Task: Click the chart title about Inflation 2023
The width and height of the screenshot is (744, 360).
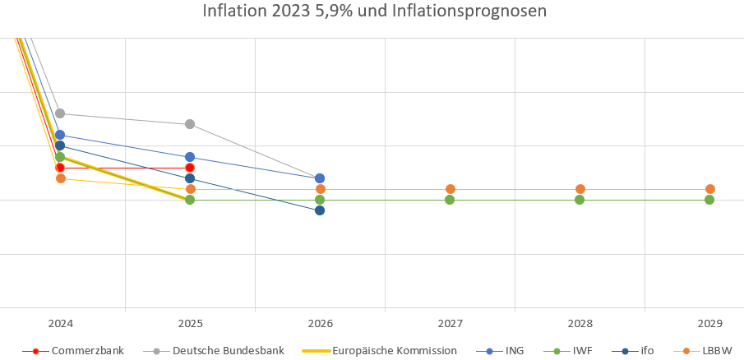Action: click(x=374, y=12)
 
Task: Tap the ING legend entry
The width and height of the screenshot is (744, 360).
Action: click(x=510, y=350)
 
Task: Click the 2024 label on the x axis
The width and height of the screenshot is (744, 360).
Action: click(x=60, y=324)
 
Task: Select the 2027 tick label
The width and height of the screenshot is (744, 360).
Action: click(x=450, y=324)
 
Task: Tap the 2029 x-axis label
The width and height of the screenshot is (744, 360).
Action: click(x=709, y=324)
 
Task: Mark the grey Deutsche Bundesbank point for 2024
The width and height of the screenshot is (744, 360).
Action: click(x=60, y=113)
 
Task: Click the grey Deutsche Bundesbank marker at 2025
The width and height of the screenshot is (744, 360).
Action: click(x=190, y=124)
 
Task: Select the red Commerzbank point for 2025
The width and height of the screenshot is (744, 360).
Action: click(x=190, y=168)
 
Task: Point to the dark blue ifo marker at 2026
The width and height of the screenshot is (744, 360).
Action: click(x=320, y=210)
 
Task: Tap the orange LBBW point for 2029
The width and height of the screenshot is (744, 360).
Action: click(x=709, y=189)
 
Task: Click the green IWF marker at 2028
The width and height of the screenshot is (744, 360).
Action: click(x=580, y=200)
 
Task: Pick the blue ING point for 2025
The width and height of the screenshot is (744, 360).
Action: click(x=190, y=157)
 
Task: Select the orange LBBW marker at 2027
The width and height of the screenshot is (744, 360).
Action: click(x=450, y=189)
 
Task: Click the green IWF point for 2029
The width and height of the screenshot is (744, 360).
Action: click(x=709, y=200)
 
